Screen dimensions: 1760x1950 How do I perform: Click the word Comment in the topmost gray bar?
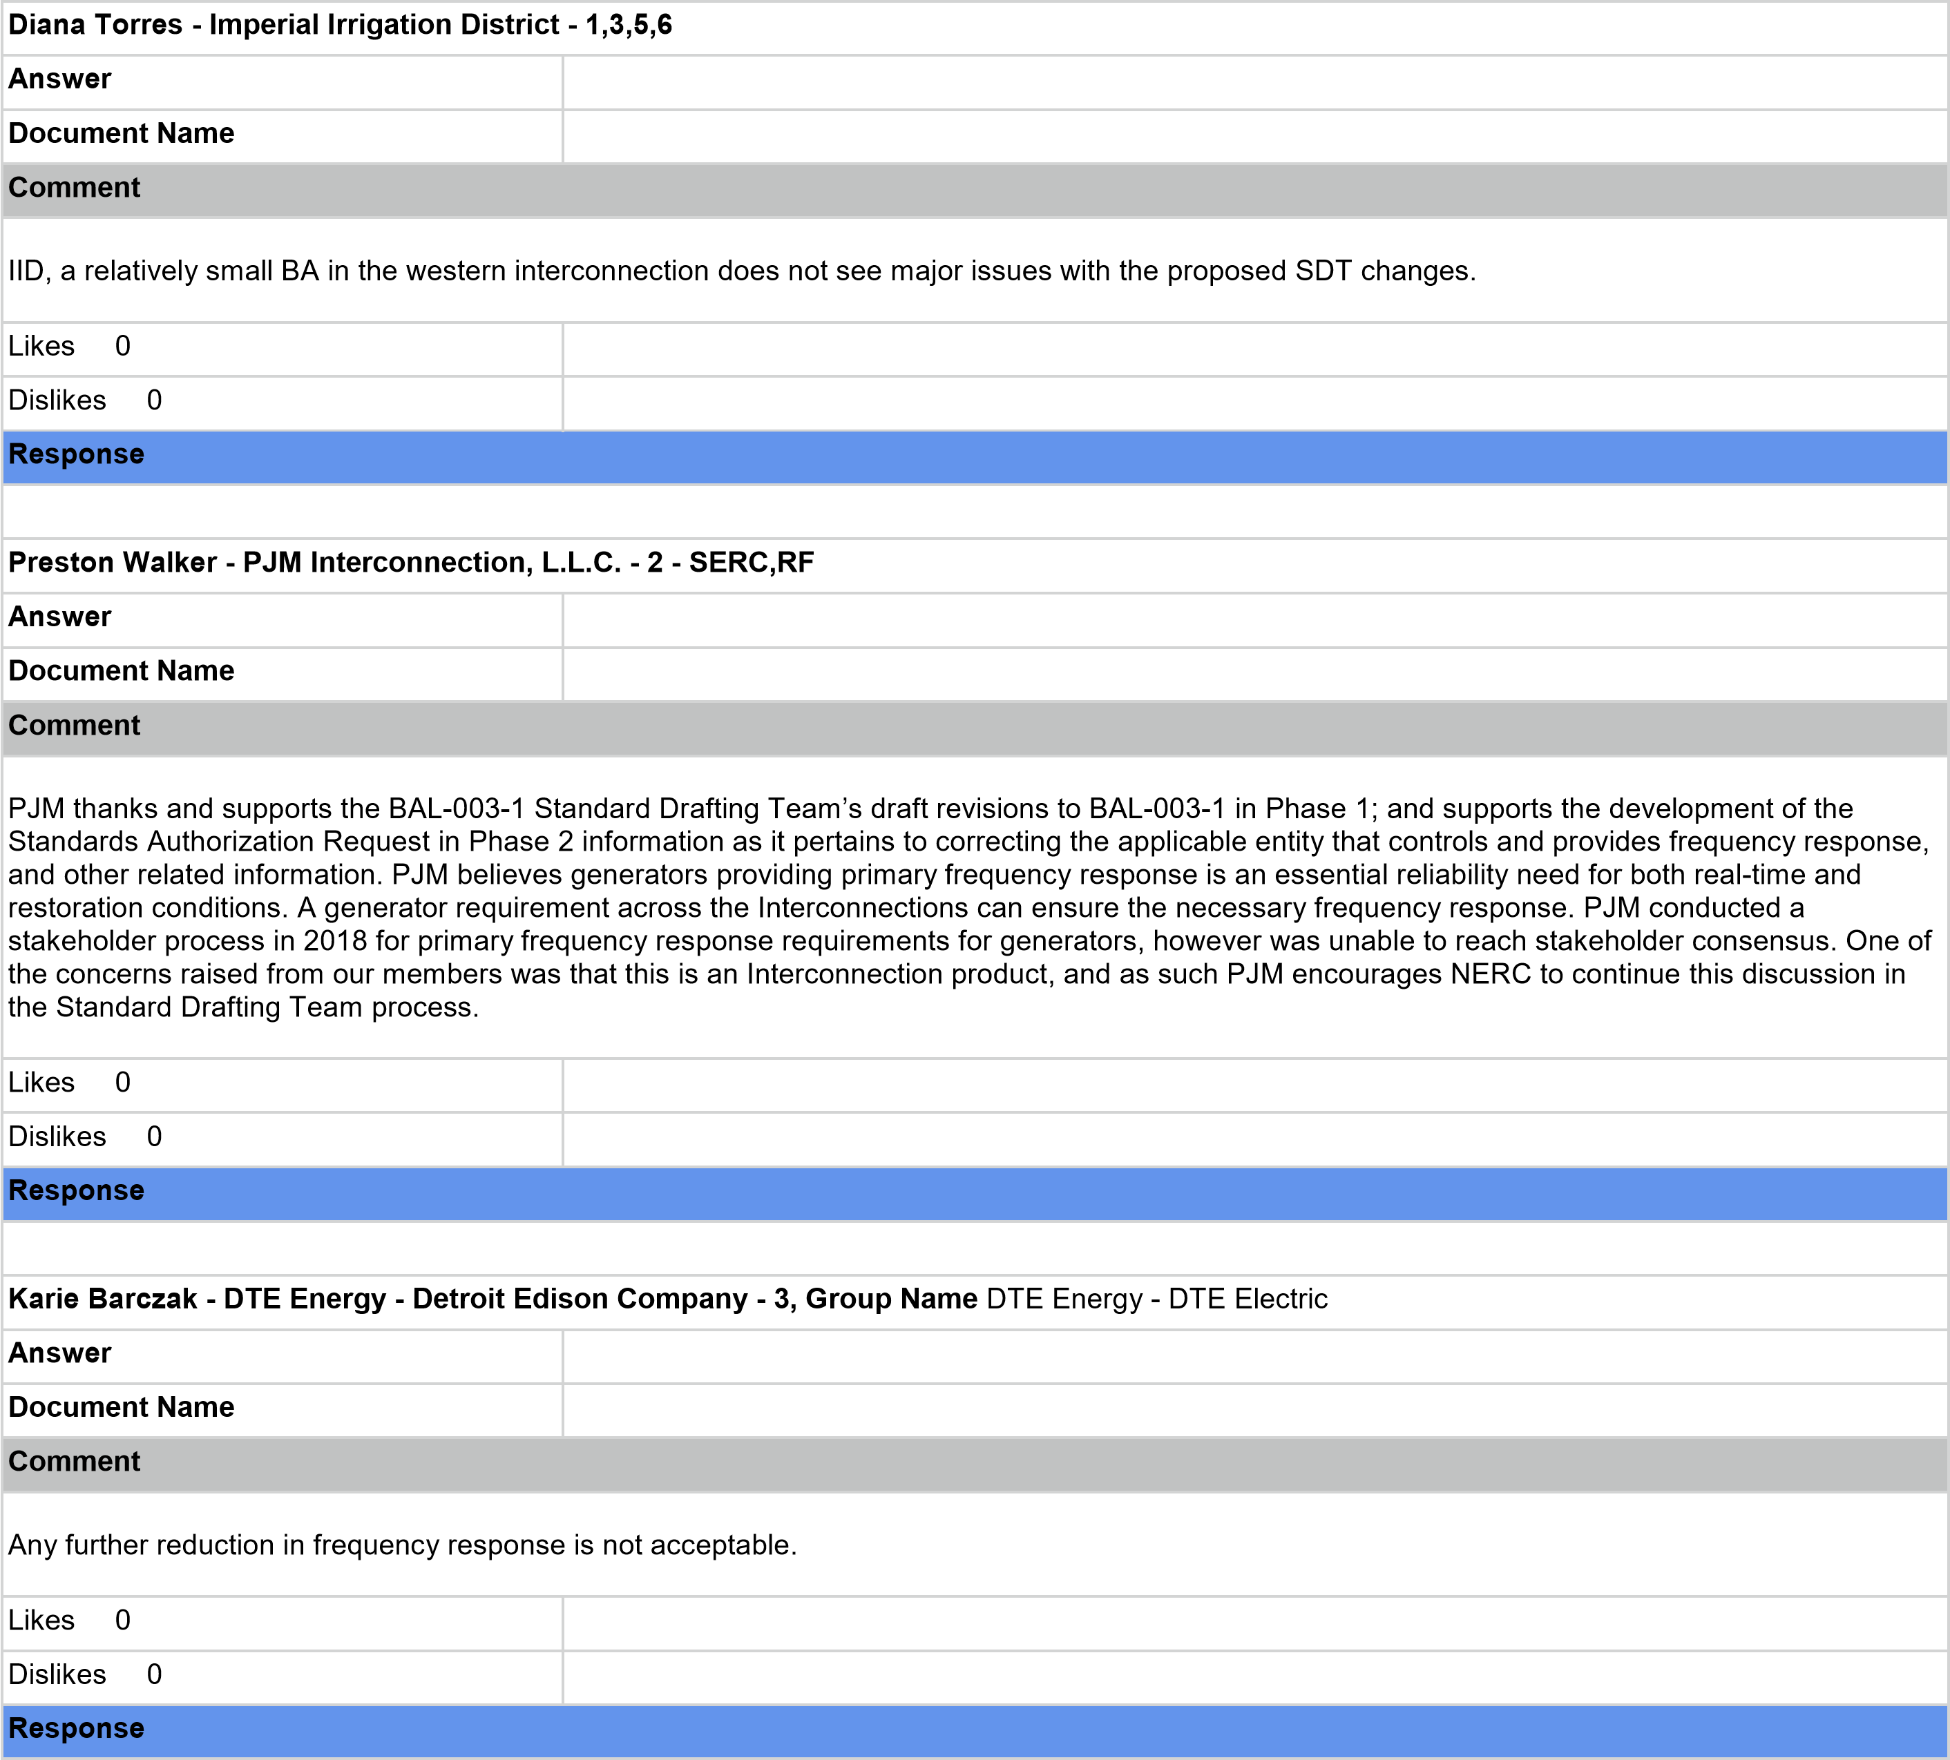[75, 188]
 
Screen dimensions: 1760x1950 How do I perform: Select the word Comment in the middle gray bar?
[75, 725]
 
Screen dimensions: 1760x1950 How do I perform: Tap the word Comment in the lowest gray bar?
[75, 1461]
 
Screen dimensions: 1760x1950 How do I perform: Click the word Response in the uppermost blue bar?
[77, 454]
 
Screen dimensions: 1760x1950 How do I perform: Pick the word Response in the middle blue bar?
[77, 1190]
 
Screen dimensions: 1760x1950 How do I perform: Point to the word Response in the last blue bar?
[77, 1728]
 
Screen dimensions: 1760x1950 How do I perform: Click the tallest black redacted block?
[975, 907]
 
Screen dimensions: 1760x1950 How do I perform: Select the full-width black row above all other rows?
[975, 28]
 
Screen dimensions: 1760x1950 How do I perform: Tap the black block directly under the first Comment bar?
[975, 270]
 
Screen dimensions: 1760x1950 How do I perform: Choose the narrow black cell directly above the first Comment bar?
[283, 136]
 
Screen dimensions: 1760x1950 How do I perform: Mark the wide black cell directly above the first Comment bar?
[1254, 136]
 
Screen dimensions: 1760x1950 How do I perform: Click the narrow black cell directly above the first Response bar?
[283, 403]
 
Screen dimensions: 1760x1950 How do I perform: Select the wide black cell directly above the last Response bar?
[1254, 1678]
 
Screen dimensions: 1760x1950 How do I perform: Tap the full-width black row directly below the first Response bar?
[975, 512]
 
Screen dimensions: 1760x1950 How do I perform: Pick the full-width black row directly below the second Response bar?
[975, 1248]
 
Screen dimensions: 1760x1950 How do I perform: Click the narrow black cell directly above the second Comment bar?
[283, 674]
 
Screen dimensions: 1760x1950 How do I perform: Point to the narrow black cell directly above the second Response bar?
[283, 1139]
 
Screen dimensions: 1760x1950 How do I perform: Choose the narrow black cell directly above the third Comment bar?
[283, 1410]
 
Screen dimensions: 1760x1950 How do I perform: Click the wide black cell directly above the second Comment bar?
[1254, 674]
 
